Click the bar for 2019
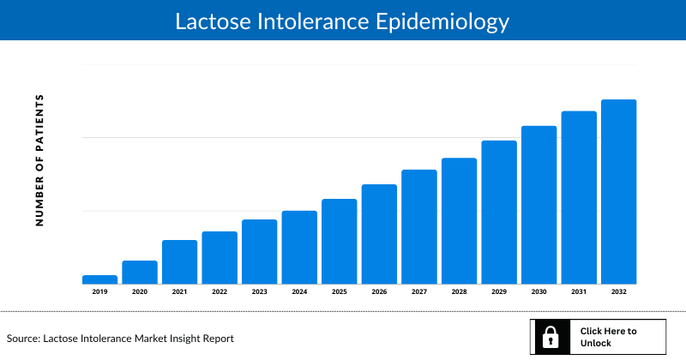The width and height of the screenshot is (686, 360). [x=99, y=279]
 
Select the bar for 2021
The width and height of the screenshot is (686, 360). [x=179, y=261]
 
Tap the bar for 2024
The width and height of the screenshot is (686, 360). [x=299, y=247]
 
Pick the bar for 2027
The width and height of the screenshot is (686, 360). [x=419, y=226]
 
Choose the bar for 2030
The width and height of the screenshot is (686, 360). [x=539, y=205]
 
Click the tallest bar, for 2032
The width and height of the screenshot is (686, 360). [x=618, y=191]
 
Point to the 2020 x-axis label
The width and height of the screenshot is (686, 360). [x=140, y=292]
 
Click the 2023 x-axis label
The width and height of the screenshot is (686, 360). [x=259, y=292]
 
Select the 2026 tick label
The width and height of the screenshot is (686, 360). [x=379, y=292]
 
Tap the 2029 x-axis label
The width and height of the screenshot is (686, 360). [x=499, y=292]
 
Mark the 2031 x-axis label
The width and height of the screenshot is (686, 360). [x=579, y=292]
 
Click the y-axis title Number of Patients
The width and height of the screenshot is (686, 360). [x=39, y=160]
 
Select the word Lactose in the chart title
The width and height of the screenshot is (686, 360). [x=210, y=21]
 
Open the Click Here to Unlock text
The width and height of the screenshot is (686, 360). [x=608, y=337]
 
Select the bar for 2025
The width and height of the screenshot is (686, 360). [x=339, y=241]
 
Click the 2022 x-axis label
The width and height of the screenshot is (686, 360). [x=220, y=292]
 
